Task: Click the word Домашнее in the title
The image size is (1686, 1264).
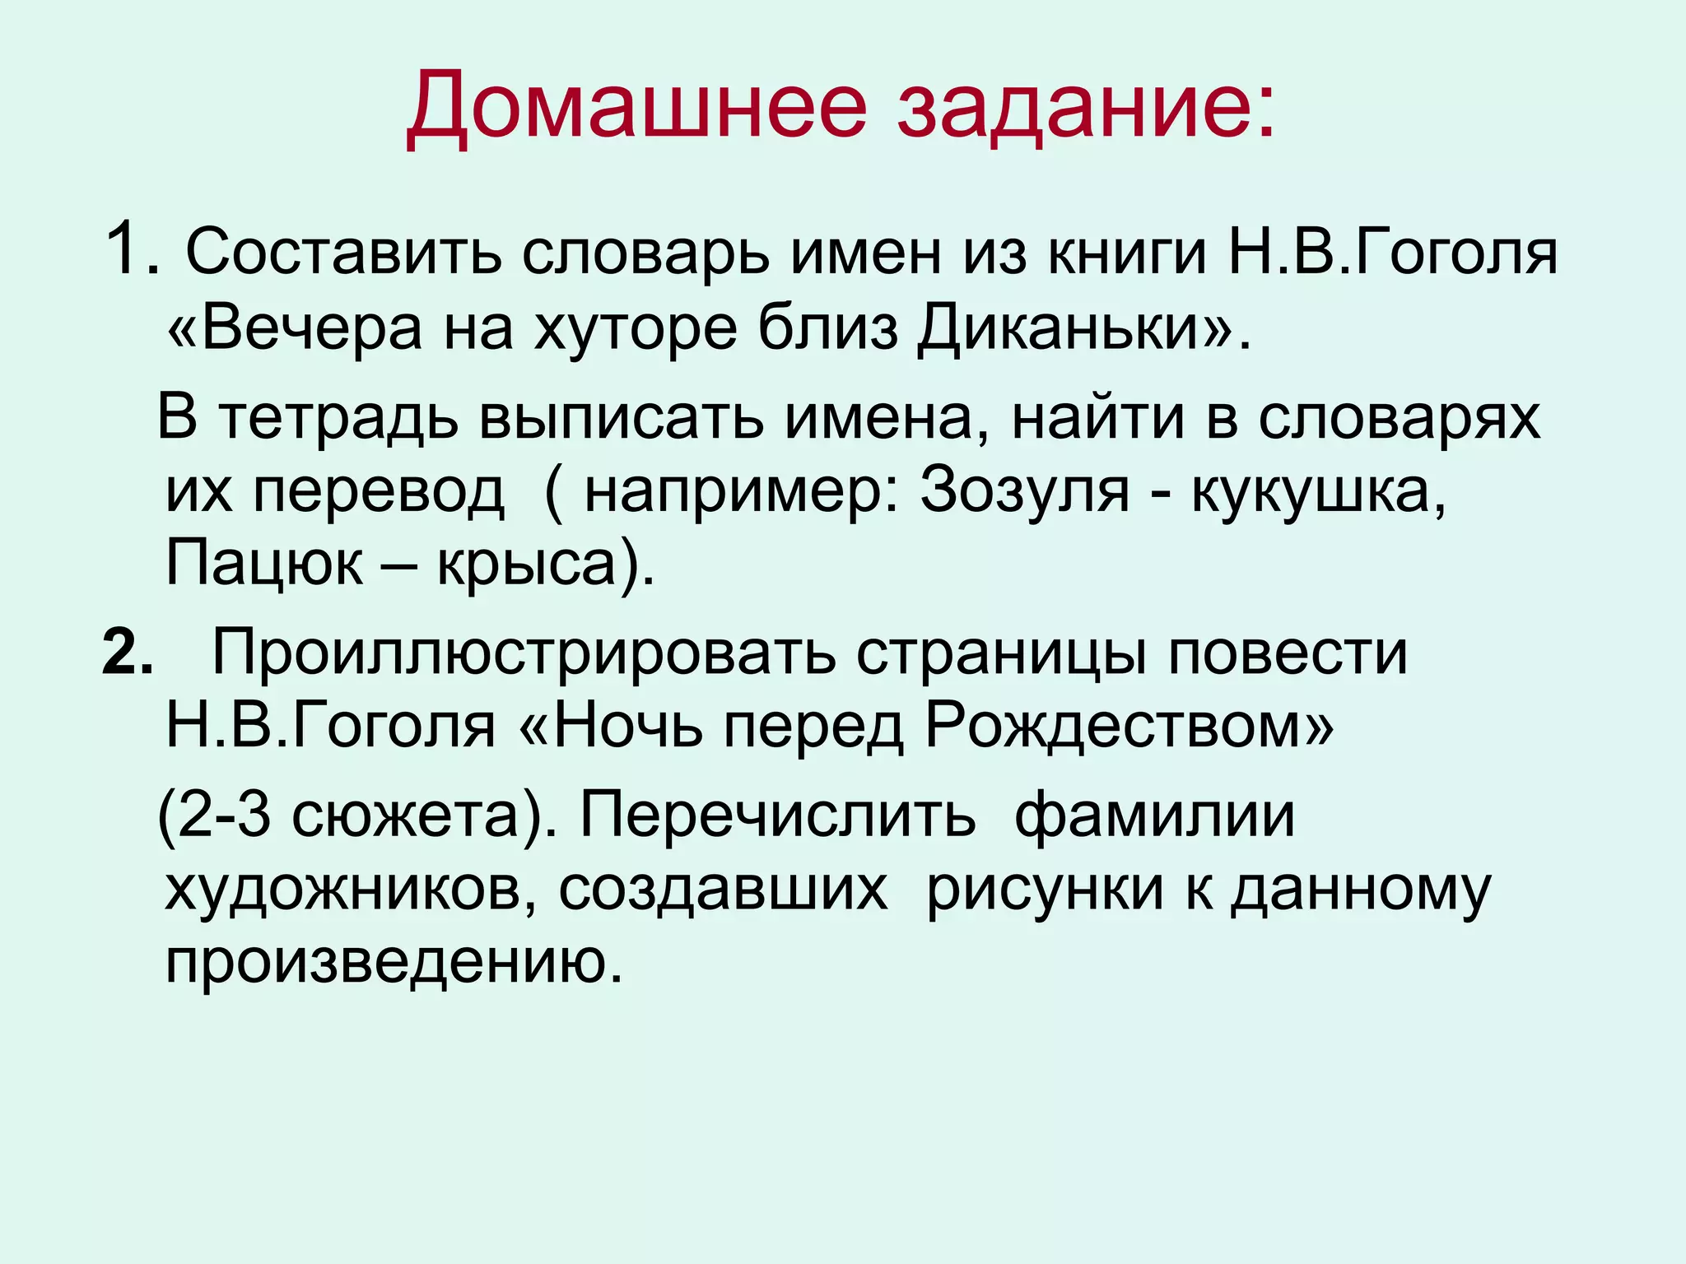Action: (x=636, y=106)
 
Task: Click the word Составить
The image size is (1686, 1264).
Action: (x=343, y=252)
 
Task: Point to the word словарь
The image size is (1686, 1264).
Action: (x=645, y=252)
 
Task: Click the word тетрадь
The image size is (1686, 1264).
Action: (x=338, y=418)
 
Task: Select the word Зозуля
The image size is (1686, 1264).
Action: (x=1024, y=491)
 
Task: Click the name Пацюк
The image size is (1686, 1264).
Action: (x=263, y=564)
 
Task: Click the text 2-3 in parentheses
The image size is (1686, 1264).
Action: (x=224, y=816)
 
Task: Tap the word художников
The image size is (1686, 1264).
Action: (x=344, y=890)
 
